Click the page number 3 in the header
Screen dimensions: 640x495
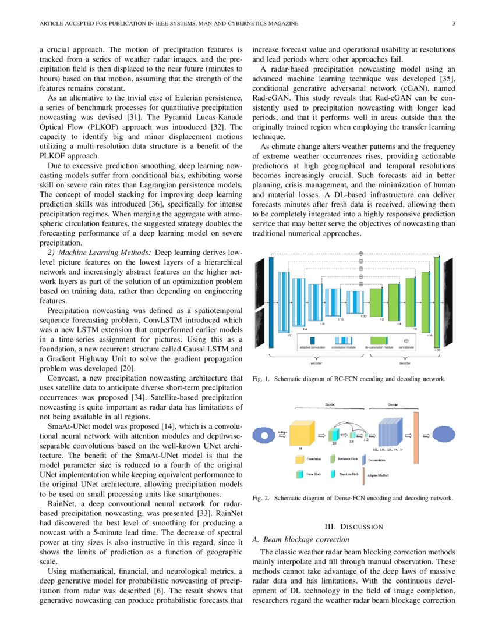[453, 23]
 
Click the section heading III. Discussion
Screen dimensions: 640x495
[353, 527]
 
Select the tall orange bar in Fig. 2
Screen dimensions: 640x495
[417, 434]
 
